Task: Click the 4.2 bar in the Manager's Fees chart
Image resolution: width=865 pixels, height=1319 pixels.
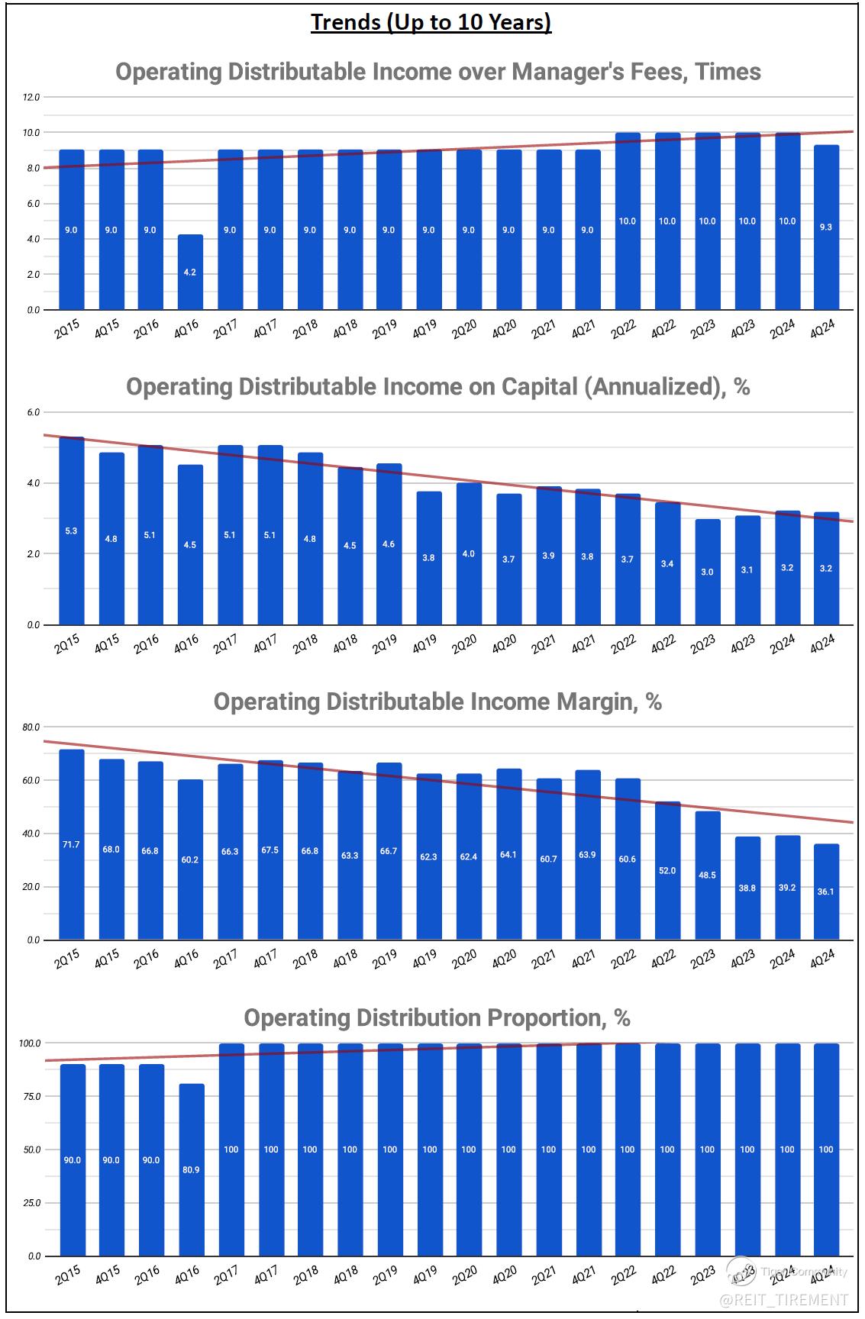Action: tap(190, 272)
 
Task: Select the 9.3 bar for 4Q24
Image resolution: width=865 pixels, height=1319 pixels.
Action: tap(826, 227)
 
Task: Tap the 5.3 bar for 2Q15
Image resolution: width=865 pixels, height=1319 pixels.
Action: tap(71, 531)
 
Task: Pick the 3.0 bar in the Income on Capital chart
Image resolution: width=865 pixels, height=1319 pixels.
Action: tap(707, 572)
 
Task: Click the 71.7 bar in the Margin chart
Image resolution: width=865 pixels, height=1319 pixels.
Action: tap(71, 844)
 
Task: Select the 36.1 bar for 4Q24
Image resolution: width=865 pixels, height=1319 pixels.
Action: tap(826, 892)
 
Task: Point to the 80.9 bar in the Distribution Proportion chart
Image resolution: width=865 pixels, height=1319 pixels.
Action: tap(190, 1169)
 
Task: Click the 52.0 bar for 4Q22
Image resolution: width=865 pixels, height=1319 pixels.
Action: tap(667, 870)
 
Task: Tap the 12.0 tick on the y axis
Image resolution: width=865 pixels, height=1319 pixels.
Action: tap(31, 98)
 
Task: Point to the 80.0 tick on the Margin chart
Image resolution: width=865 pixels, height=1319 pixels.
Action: tap(31, 727)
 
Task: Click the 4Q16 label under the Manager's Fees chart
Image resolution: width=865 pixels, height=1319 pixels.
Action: tap(186, 329)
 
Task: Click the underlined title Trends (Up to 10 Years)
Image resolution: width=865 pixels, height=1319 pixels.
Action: tap(431, 22)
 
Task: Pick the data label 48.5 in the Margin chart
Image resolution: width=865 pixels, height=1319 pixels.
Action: tap(707, 875)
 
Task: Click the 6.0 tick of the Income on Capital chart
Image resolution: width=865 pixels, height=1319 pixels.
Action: tap(33, 413)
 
